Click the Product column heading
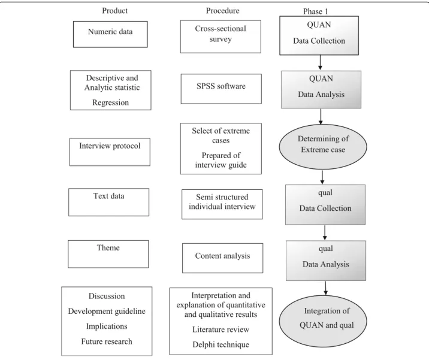114,11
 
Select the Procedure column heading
222,11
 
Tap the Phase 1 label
315,11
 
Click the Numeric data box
110,34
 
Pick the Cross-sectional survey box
220,37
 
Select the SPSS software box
221,89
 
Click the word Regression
110,102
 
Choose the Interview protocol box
110,152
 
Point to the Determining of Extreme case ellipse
323,147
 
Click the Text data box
108,202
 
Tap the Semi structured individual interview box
222,204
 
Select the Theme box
108,254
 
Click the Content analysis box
223,258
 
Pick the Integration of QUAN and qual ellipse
323,321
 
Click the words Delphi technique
221,344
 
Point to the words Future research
107,341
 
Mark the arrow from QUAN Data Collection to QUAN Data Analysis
320,62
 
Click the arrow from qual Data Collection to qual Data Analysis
325,232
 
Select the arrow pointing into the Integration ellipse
325,288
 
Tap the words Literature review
221,329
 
